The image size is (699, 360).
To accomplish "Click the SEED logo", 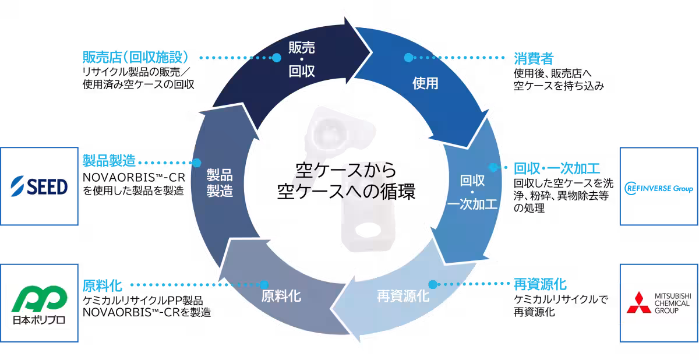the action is (40, 186).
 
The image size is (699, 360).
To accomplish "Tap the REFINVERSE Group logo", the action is (659, 188).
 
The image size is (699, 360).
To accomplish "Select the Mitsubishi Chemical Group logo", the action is (659, 302).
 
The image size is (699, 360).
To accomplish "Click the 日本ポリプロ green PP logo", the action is (40, 305).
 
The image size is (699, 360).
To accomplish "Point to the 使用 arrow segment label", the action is (425, 84).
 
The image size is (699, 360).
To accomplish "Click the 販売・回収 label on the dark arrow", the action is (302, 59).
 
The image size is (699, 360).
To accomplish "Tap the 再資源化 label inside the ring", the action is (403, 296).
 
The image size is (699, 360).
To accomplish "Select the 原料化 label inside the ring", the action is (281, 296).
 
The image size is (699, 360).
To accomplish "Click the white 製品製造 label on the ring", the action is (220, 183).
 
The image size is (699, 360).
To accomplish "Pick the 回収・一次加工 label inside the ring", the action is (472, 192).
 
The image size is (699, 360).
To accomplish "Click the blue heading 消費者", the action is (534, 59).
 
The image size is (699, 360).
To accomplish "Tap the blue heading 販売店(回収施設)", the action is (136, 57).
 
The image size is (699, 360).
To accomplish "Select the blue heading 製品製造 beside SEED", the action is (109, 161).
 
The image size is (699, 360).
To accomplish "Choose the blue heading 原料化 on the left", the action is (103, 285).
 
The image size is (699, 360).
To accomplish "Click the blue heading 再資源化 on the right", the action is (540, 284).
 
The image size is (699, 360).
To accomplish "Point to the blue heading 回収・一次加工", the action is (557, 168).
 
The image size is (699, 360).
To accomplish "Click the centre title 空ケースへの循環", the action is (346, 191).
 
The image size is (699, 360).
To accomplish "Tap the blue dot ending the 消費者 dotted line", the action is (408, 58).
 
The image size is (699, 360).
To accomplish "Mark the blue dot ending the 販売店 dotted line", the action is (277, 58).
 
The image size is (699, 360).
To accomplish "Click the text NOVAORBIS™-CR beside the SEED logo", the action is (134, 178).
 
